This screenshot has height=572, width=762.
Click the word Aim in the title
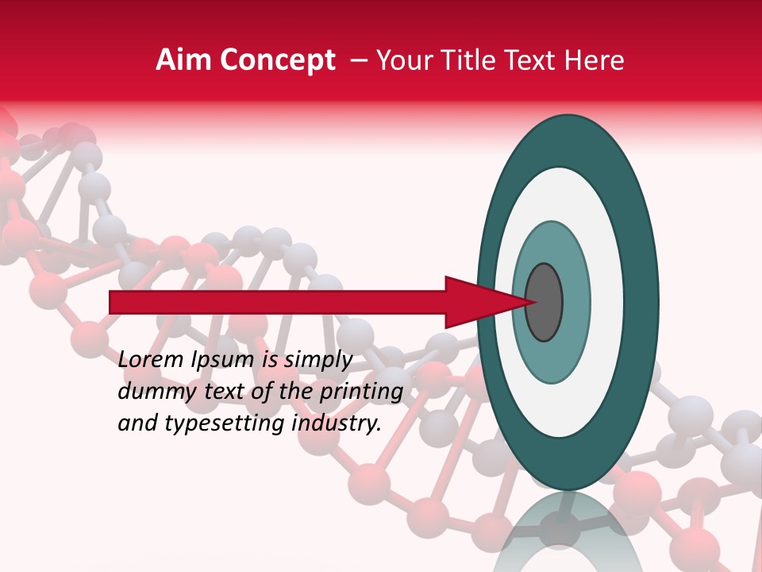click(183, 60)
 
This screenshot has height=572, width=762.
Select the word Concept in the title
click(276, 61)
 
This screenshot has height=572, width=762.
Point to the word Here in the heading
click(595, 60)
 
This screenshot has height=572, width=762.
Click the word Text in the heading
click(533, 60)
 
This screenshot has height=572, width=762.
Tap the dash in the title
click(359, 60)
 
